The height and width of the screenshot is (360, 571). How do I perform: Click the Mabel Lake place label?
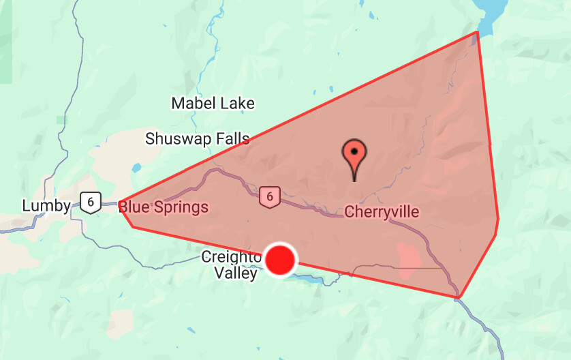(213, 104)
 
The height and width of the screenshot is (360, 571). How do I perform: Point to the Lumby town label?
(46, 206)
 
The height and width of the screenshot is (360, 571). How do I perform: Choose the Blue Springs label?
(164, 207)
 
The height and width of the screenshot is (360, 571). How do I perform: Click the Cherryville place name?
(382, 211)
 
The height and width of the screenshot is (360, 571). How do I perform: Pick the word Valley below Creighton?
(236, 273)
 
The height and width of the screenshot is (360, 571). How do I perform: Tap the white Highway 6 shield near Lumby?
(90, 202)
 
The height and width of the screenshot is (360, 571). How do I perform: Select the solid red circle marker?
(280, 260)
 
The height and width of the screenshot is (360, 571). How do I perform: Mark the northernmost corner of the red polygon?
(477, 32)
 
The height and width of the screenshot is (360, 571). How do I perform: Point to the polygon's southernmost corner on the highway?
(459, 297)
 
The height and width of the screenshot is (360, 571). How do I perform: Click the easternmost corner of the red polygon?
(498, 219)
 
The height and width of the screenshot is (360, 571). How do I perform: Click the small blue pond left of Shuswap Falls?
(137, 167)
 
